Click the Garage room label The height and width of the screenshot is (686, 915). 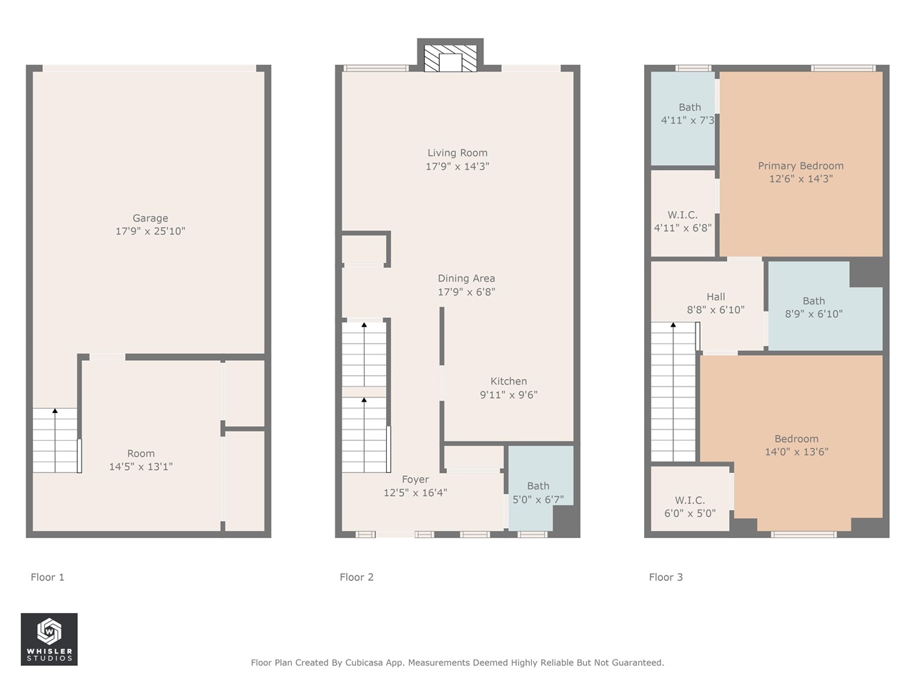tap(150, 218)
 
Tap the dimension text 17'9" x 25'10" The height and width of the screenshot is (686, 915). tap(150, 232)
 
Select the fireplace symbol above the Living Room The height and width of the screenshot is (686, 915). tap(450, 59)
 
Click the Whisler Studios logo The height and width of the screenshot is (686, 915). tap(49, 639)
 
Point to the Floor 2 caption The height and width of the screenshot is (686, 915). tap(356, 577)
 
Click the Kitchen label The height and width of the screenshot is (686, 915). tap(508, 382)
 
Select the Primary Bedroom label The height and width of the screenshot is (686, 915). tap(801, 166)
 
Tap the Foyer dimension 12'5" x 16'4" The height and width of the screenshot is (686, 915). tap(415, 493)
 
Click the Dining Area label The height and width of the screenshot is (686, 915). tap(466, 279)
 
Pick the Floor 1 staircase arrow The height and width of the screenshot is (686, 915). tap(55, 412)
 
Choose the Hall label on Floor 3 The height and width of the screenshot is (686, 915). tap(716, 297)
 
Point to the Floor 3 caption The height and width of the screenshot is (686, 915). tap(666, 577)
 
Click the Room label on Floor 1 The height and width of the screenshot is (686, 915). tap(141, 454)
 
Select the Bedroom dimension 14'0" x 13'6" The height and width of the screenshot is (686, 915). tap(796, 452)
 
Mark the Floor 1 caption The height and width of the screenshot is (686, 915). tap(47, 577)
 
